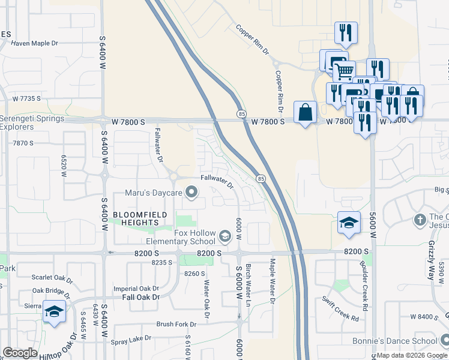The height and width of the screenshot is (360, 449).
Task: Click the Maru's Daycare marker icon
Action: [192, 193]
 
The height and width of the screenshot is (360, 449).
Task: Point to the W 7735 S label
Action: [26, 98]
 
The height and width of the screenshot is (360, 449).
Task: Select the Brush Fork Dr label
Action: [176, 324]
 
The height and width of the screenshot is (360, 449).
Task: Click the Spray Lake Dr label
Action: [131, 339]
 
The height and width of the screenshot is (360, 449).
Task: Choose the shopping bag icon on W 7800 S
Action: [305, 112]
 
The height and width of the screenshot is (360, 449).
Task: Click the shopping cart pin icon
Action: [344, 71]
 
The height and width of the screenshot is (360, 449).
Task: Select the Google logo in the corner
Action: [20, 353]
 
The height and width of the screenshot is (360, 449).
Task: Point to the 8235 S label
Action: [161, 263]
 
